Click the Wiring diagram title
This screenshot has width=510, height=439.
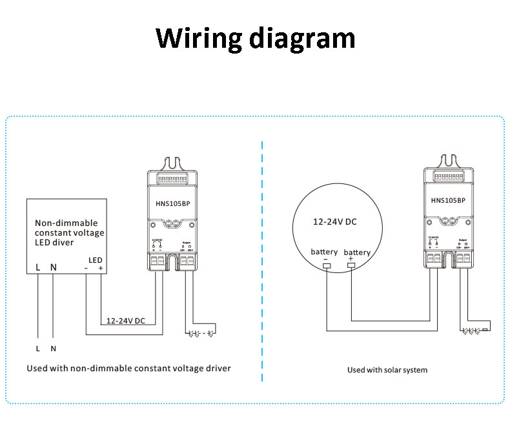[255, 38]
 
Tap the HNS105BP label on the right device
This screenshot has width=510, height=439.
[447, 200]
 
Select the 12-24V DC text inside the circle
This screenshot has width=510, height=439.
[334, 221]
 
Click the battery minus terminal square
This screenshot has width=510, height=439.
[326, 265]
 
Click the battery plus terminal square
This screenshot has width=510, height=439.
[351, 265]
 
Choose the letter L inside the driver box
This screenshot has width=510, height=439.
[38, 266]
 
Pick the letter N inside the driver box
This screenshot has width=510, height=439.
[54, 266]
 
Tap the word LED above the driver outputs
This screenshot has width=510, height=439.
[95, 259]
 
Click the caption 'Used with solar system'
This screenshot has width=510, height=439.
[387, 370]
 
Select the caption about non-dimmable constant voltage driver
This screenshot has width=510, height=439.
[128, 368]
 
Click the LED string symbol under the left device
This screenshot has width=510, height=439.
[201, 334]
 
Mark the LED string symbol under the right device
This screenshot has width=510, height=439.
[474, 331]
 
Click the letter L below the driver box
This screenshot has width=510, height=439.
[38, 349]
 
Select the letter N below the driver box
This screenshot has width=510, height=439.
[54, 349]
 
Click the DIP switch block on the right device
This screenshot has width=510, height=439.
[447, 176]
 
